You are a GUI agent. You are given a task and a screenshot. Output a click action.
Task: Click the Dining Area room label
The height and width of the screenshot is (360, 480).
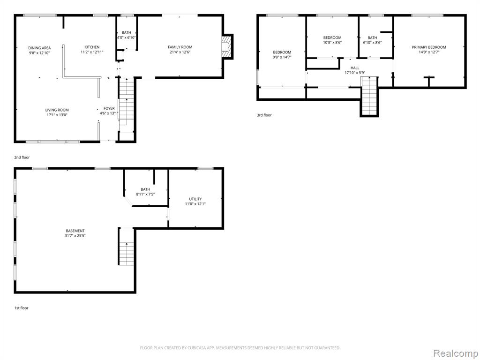[39, 48]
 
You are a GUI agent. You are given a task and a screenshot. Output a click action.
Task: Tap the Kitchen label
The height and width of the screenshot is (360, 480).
[92, 47]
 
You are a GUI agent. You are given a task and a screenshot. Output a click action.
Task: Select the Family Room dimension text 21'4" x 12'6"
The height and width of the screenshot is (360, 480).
[180, 52]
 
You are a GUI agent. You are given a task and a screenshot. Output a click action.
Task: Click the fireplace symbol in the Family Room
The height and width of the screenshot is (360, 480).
[227, 46]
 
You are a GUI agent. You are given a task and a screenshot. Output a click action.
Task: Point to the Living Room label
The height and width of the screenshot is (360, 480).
[57, 110]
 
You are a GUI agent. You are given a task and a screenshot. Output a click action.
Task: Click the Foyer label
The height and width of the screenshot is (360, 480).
[109, 108]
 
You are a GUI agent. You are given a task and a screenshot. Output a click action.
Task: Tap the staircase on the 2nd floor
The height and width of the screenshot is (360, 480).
[126, 105]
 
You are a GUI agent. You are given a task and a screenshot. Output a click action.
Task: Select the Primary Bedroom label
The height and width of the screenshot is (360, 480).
[428, 47]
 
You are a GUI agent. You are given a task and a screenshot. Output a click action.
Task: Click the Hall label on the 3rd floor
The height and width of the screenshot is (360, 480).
[355, 68]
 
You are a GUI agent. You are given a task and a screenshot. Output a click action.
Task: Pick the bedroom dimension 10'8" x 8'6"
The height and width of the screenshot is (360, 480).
[332, 43]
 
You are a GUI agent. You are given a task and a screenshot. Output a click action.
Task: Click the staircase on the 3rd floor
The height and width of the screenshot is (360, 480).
[369, 96]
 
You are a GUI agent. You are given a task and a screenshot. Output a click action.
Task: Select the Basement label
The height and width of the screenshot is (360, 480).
[75, 231]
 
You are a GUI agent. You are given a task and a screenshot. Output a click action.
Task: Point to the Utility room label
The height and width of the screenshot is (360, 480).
[195, 199]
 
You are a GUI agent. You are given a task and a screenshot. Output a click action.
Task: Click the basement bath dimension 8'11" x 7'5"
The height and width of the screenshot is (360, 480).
[145, 194]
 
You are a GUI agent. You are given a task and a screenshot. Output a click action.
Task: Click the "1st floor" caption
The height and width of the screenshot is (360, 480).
[22, 308]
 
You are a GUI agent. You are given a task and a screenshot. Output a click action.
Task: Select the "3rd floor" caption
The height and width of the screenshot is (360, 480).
[264, 115]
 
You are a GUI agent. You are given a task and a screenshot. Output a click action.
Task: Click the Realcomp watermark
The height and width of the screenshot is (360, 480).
[454, 352]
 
